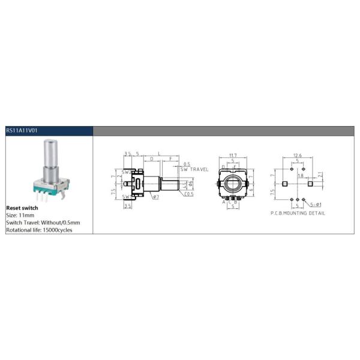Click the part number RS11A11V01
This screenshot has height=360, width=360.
click(x=22, y=130)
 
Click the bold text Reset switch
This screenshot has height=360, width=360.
click(x=22, y=208)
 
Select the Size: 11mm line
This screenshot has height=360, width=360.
click(x=20, y=215)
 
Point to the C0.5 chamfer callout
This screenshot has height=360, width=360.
click(x=188, y=194)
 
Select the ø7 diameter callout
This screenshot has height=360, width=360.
click(x=155, y=197)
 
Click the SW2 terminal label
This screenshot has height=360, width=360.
click(x=125, y=172)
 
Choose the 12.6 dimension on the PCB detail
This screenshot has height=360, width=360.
click(x=297, y=155)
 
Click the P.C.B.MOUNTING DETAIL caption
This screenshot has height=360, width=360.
click(x=298, y=213)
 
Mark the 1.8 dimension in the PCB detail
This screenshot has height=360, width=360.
click(x=300, y=176)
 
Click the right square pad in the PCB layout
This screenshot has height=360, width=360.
click(x=310, y=184)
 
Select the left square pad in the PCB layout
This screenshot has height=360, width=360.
click(x=285, y=184)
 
